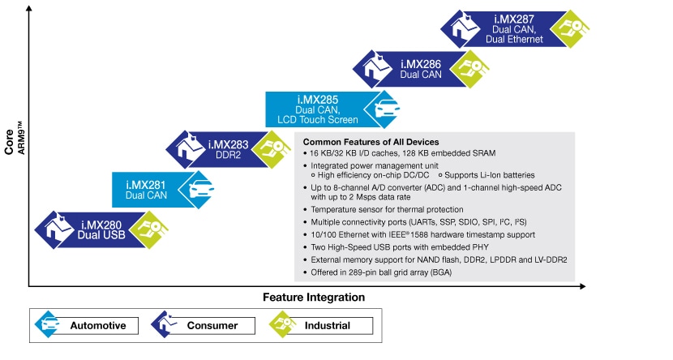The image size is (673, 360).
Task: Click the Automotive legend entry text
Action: click(x=98, y=326)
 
